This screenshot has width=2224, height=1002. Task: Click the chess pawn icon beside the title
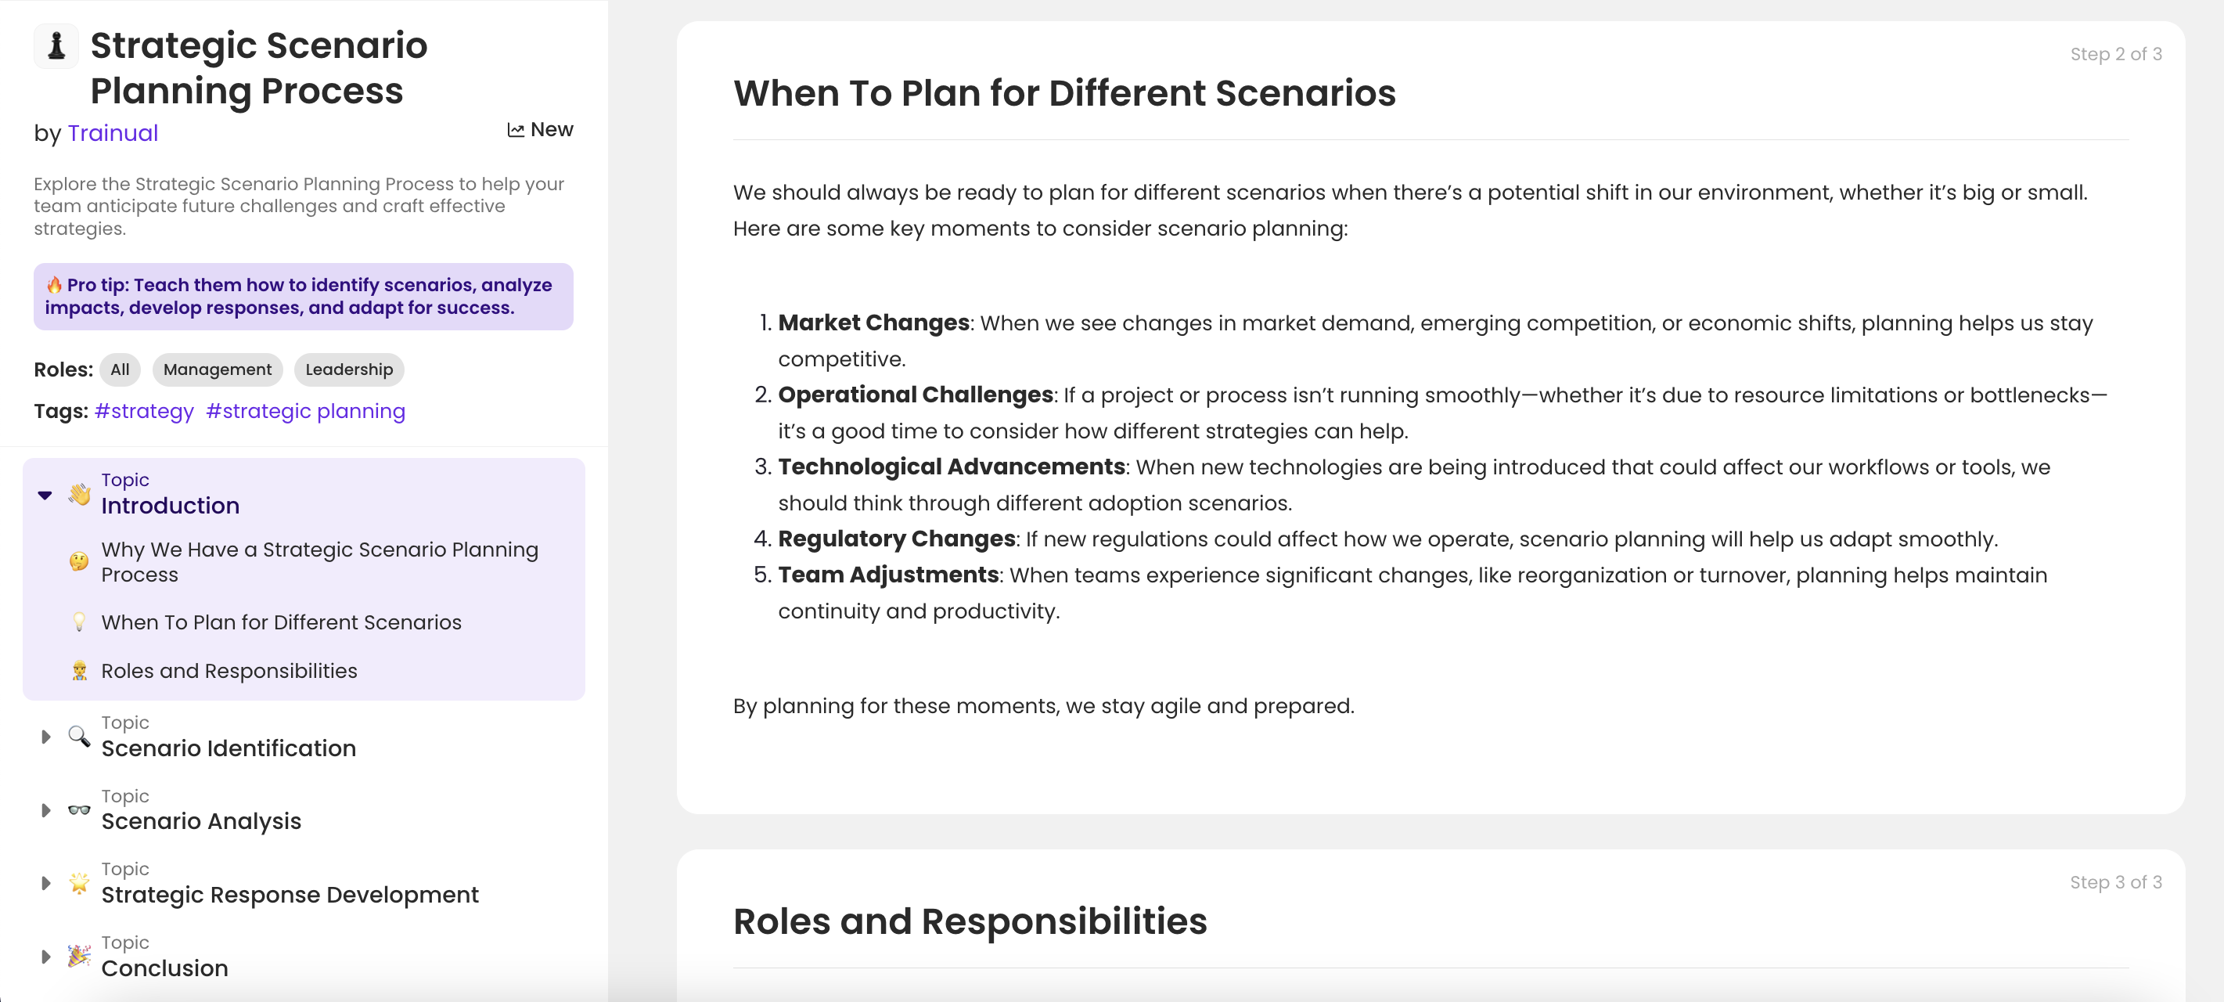coord(56,45)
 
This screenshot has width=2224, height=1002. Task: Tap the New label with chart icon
coord(541,130)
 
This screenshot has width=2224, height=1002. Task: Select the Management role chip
coord(217,369)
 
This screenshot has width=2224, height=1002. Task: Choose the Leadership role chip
coord(349,369)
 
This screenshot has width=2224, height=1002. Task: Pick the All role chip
coord(120,369)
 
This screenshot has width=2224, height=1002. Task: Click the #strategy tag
coord(144,411)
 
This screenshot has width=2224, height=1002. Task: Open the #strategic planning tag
coord(306,411)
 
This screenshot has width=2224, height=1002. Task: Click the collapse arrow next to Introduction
coord(45,495)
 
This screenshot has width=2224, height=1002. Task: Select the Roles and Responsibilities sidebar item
coord(229,671)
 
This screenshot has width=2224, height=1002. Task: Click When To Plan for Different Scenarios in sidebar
coord(281,623)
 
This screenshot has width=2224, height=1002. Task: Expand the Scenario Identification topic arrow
coord(45,737)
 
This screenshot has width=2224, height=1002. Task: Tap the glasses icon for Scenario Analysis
coord(78,810)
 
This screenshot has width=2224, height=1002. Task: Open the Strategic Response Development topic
coord(290,895)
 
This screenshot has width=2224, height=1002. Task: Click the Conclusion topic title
coord(164,968)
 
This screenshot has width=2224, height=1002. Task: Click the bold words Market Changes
coord(873,323)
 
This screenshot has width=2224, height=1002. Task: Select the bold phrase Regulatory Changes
coord(896,539)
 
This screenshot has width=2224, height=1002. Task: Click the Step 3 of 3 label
coord(2115,883)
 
